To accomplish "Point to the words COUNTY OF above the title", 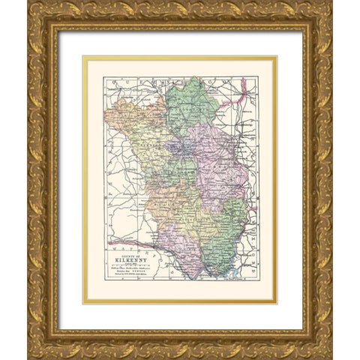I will (130, 255).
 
